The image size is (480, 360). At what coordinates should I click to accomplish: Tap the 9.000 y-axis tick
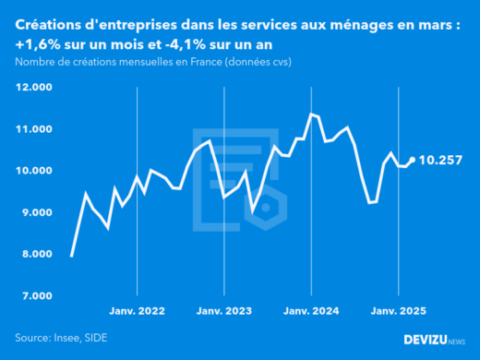click(35, 212)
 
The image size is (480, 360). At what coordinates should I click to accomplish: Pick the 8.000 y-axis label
click(35, 254)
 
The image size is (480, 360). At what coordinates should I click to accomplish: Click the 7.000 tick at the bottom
click(35, 295)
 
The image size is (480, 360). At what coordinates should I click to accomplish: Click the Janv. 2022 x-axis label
click(138, 312)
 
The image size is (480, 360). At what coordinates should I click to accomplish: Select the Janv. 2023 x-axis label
click(224, 312)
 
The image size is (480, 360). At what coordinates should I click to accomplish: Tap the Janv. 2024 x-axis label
click(311, 312)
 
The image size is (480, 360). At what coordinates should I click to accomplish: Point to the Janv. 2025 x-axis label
click(398, 312)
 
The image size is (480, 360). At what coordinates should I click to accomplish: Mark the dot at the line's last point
click(412, 160)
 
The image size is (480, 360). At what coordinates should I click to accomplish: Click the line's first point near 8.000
click(72, 256)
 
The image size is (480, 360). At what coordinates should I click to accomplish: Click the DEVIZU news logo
click(434, 339)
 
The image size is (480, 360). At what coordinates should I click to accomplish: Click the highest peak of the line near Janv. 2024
click(311, 114)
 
